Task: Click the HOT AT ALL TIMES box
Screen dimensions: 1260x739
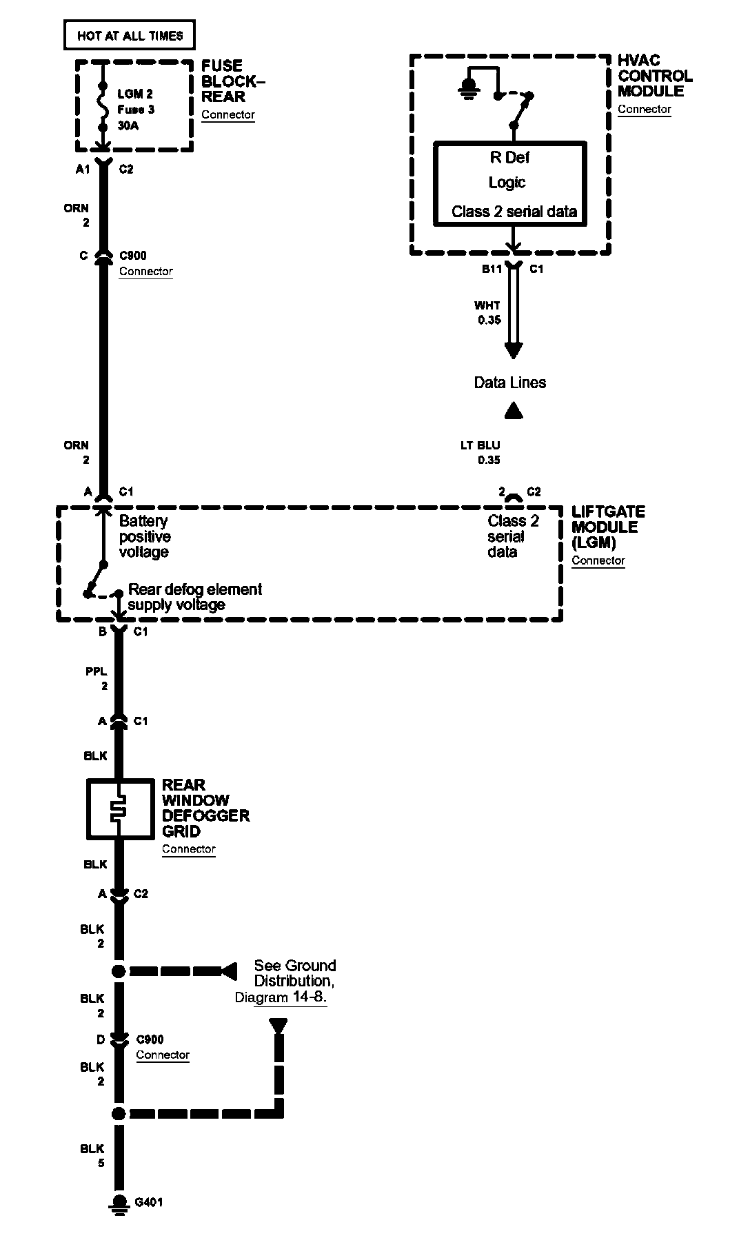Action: [129, 35]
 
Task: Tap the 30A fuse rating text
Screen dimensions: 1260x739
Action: [129, 125]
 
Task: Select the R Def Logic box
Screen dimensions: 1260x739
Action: [509, 183]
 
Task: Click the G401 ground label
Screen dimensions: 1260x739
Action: [149, 1203]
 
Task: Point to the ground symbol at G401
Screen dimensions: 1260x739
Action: [119, 1203]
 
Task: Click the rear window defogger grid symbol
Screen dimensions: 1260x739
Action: [120, 809]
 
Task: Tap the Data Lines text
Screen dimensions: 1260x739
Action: [509, 383]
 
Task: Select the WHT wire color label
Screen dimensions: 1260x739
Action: [487, 305]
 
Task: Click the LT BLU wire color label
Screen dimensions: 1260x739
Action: [480, 445]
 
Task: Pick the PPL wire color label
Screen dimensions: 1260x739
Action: [97, 671]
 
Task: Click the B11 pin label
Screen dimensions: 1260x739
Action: [492, 270]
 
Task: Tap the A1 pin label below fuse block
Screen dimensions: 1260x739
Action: [83, 170]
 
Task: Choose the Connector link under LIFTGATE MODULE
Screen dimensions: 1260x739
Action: [598, 560]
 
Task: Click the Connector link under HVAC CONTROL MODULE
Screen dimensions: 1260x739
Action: [644, 109]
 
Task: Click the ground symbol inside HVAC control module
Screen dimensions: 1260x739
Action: [469, 88]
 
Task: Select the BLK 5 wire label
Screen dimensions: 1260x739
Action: [92, 1156]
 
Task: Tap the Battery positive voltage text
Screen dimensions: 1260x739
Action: [144, 536]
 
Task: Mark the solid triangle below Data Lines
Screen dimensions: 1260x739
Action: [514, 411]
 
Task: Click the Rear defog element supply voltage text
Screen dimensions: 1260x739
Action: [194, 597]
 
